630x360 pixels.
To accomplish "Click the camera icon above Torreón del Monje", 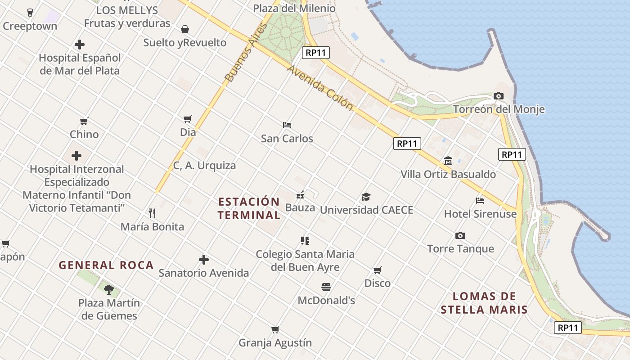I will click(498, 96).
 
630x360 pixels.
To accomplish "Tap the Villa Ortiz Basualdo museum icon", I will click(448, 161).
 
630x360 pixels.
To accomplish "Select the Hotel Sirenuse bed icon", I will click(480, 200).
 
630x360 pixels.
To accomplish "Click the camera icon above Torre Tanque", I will click(460, 235).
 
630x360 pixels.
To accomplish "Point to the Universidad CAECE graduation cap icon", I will click(366, 197).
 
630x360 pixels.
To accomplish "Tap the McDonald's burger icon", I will click(326, 287).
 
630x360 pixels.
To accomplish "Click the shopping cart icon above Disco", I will click(377, 270).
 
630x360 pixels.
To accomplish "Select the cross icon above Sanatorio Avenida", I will click(203, 260).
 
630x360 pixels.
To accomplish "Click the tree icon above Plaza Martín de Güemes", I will click(108, 289).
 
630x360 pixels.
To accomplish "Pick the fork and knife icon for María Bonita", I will click(152, 213).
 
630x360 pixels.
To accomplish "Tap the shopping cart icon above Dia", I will click(188, 119).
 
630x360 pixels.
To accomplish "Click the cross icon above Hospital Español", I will click(80, 45).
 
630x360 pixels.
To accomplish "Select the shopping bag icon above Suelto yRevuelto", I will click(184, 29).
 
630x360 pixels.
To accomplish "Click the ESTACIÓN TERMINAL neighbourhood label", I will click(249, 208).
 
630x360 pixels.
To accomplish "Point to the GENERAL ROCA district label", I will click(106, 265).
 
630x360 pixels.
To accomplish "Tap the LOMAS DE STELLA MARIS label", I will click(484, 303).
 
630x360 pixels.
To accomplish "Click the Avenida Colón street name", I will click(319, 88).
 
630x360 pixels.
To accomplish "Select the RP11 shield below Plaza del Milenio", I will click(315, 53).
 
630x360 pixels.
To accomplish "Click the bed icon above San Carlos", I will click(287, 125).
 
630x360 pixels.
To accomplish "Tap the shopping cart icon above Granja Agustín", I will click(275, 329).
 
